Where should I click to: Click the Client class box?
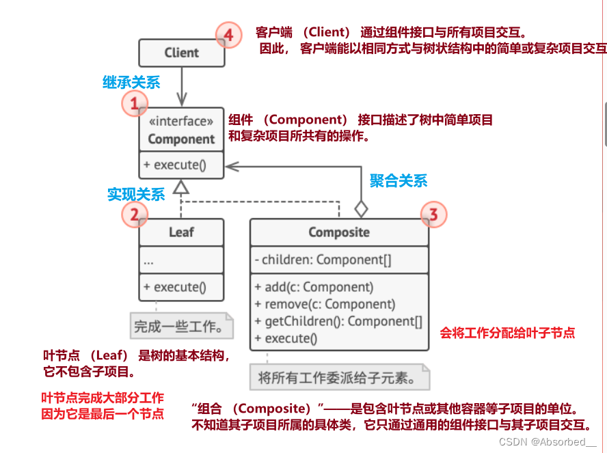[181, 53]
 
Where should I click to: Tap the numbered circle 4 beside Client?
[229, 35]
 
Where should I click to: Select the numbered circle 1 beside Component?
[135, 104]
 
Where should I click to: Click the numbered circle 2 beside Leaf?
[135, 215]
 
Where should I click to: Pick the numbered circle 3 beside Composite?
[433, 215]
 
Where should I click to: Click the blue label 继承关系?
[131, 83]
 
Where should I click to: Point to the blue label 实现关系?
[136, 194]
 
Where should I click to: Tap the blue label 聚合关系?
[399, 180]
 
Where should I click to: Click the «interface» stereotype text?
[181, 122]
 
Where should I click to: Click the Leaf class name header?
[181, 232]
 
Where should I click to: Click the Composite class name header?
[339, 232]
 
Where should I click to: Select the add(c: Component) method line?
[314, 287]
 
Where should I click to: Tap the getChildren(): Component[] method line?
[338, 321]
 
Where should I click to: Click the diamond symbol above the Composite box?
[361, 207]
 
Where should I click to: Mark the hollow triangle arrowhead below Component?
[181, 186]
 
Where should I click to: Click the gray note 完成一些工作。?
[180, 327]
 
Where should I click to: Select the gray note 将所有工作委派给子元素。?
[339, 376]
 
